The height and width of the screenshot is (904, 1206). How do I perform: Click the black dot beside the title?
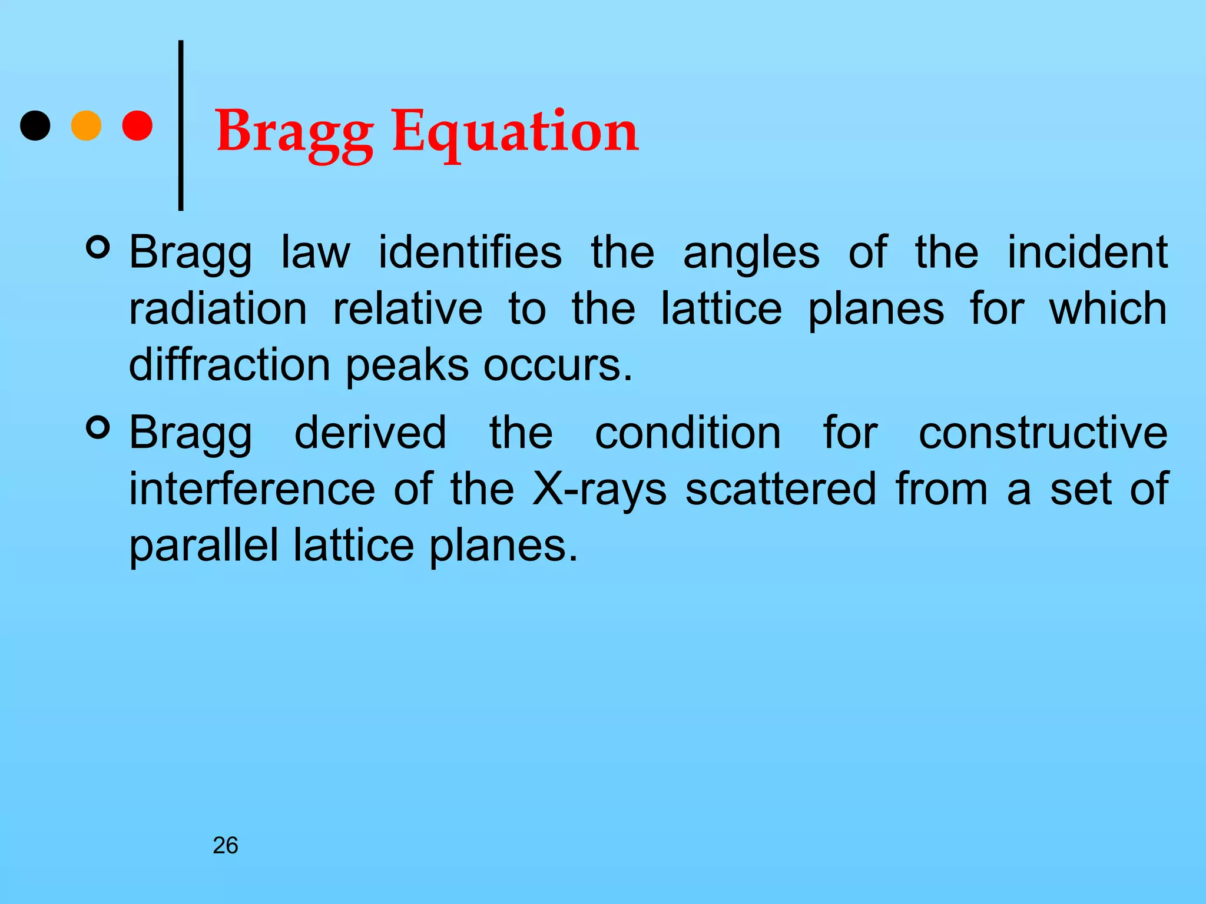[x=35, y=125]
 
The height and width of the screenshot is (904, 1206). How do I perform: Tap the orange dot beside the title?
[x=86, y=125]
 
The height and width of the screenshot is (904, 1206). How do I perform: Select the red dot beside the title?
[x=137, y=125]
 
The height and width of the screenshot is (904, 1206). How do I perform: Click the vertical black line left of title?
[x=181, y=125]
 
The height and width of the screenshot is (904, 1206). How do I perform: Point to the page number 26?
[x=226, y=846]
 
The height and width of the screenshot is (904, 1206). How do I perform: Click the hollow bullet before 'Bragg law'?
[x=98, y=248]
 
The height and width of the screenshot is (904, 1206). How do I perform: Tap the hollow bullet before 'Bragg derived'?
[x=98, y=428]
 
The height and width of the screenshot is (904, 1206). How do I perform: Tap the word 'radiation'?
[x=218, y=310]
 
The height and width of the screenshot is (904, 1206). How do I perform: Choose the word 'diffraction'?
[x=229, y=365]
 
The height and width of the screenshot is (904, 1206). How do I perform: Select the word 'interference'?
[x=252, y=490]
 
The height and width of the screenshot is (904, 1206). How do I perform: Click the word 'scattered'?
[x=781, y=490]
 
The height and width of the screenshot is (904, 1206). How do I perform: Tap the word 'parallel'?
[x=203, y=546]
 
